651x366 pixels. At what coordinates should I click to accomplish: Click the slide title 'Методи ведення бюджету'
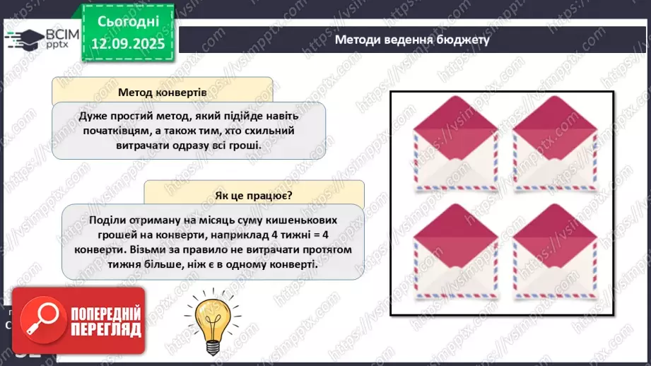412,40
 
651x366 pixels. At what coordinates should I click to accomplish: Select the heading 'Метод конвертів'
163,92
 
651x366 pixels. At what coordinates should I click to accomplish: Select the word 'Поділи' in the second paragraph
107,220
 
